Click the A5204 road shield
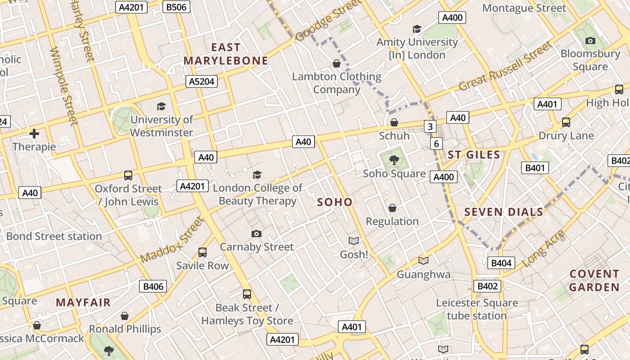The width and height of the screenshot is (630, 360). [201, 81]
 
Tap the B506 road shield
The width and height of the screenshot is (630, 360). [176, 7]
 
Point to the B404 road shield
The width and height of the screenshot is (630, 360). [501, 263]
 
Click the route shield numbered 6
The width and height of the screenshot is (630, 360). [436, 144]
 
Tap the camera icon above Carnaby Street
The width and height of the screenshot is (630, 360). [256, 234]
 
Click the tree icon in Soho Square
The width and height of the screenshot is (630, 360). [394, 160]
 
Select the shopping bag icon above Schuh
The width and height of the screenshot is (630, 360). [394, 122]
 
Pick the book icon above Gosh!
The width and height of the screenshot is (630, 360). [354, 241]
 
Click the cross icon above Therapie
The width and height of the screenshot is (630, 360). [34, 134]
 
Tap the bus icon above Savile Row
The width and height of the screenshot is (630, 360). [202, 252]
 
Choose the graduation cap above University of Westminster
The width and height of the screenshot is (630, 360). [161, 106]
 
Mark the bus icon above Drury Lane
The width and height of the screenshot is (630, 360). [566, 122]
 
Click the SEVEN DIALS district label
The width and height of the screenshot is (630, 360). [504, 212]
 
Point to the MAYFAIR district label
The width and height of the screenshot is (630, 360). [83, 302]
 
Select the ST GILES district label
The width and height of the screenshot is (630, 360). [474, 155]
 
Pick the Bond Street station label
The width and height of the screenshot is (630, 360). [54, 236]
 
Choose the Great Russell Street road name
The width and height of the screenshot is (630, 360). [505, 66]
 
